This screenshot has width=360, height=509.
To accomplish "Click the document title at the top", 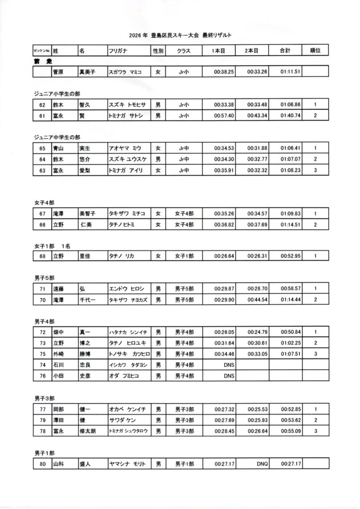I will pyautogui.click(x=180, y=35).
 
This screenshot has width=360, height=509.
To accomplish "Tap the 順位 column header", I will pyautogui.click(x=315, y=51).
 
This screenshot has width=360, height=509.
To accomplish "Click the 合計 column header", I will pyautogui.click(x=285, y=51).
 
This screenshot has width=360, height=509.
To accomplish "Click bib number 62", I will pyautogui.click(x=42, y=105).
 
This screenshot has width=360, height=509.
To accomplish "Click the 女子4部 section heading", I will pyautogui.click(x=44, y=203).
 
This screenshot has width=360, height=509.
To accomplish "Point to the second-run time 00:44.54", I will pyautogui.click(x=258, y=300).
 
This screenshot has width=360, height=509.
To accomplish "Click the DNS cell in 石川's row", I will pyautogui.click(x=228, y=365).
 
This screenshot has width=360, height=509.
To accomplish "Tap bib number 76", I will pyautogui.click(x=42, y=376).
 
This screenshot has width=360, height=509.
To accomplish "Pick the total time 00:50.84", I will pyautogui.click(x=290, y=332).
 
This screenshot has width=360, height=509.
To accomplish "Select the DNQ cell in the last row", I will pyautogui.click(x=262, y=464).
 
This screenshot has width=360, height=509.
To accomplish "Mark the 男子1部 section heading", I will pyautogui.click(x=44, y=453).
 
